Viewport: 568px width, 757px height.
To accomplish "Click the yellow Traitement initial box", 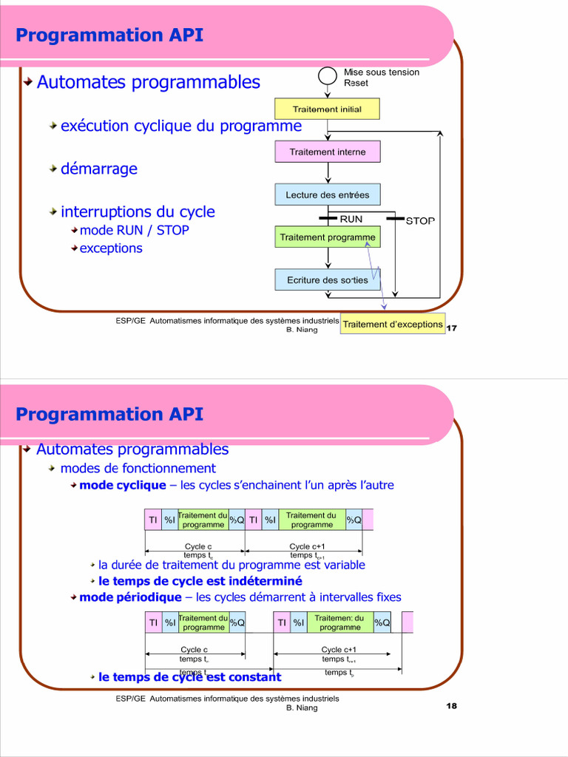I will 327,109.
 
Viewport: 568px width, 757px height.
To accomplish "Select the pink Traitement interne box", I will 327,152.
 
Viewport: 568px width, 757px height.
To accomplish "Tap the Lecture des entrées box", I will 327,194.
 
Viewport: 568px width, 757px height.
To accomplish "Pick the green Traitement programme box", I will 327,237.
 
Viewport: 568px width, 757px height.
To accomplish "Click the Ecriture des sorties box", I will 327,280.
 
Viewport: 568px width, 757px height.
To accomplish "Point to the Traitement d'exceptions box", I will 393,324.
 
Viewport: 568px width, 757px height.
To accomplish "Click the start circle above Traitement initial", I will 327,75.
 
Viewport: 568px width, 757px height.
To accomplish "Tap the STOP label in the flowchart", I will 420,220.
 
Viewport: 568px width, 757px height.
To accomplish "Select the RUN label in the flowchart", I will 351,219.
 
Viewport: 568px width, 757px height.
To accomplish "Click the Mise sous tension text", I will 382,72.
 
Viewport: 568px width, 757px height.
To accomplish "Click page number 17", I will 452,328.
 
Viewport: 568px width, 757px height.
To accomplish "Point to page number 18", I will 452,706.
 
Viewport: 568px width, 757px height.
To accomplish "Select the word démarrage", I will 99,169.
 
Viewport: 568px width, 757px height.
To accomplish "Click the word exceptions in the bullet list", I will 111,248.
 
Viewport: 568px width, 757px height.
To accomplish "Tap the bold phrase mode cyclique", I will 123,486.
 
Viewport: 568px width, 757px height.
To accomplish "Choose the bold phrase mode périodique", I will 130,597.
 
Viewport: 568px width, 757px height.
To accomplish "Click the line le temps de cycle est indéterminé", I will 200,581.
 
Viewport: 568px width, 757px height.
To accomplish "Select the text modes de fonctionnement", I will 138,469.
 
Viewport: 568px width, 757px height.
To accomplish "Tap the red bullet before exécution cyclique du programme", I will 54,126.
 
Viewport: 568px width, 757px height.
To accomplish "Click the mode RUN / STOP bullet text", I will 134,231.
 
